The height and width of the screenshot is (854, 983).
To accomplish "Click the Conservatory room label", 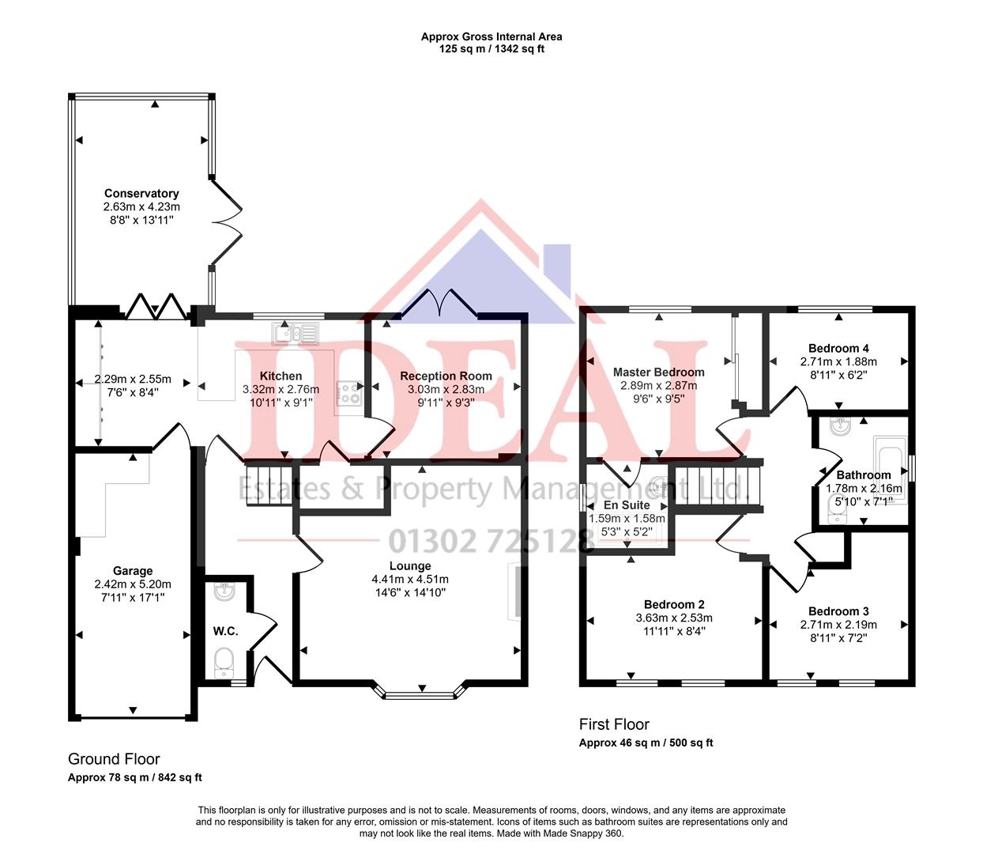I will (141, 193).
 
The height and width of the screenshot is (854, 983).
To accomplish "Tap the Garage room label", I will (132, 571).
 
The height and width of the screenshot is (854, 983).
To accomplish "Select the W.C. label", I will (225, 631).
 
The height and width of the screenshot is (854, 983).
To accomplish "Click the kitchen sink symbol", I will (296, 334).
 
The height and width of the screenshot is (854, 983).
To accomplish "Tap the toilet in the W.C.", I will (224, 659).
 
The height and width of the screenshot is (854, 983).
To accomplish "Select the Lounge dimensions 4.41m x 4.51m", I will (410, 579).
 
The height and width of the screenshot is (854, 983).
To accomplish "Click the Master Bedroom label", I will (658, 372).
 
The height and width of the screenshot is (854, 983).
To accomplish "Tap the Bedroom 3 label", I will (838, 611).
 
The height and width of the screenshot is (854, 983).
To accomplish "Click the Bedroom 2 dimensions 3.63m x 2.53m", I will (674, 618).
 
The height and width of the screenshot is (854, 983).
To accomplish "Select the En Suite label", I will (627, 504).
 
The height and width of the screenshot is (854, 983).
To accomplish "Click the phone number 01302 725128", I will (491, 542).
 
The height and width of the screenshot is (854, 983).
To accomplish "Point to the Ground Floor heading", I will (114, 759).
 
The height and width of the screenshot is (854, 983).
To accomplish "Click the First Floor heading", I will (614, 724).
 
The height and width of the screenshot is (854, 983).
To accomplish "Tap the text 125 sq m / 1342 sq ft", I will (491, 49).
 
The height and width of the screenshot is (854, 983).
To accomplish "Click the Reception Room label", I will (446, 376).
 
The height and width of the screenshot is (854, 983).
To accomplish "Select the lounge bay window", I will (420, 693).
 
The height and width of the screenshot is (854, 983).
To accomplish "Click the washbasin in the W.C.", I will (224, 591).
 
